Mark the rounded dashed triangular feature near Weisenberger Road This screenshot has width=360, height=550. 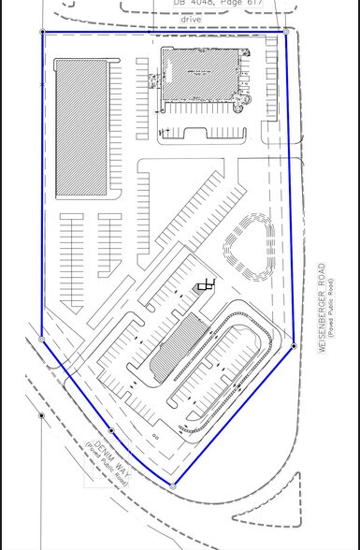pos(247,246)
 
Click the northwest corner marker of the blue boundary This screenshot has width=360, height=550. pos(42,32)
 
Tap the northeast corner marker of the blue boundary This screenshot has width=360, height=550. pos(285,29)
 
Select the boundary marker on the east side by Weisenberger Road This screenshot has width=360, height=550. pos(294,346)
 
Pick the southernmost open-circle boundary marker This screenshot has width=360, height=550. pos(174,486)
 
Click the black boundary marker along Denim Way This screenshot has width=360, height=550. pos(111,430)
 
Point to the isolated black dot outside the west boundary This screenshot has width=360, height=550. pos(41,414)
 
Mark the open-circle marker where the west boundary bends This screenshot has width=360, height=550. pos(42,339)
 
